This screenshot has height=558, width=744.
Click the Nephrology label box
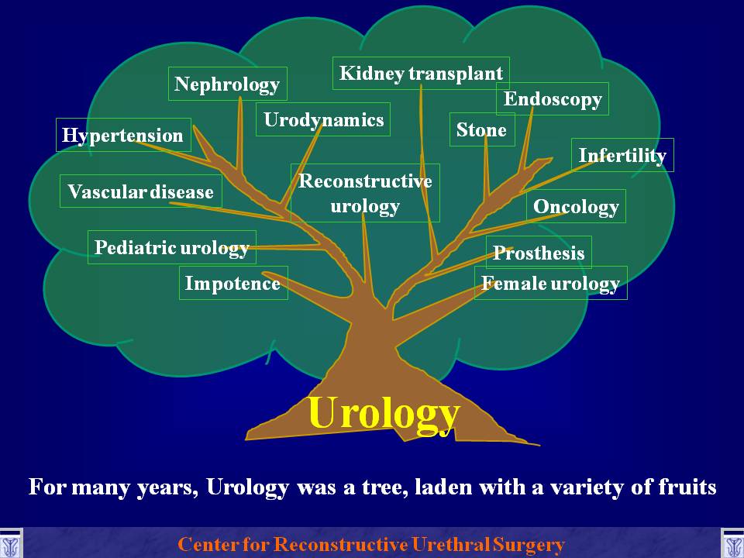click(228, 84)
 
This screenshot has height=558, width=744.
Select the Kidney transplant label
click(421, 74)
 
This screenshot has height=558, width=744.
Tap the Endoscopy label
click(553, 98)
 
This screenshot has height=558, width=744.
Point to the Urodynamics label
click(323, 119)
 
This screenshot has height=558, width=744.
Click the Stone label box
click(482, 129)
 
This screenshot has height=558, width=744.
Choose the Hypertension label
click(123, 135)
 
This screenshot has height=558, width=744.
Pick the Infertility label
click(622, 155)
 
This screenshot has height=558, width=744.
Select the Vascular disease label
click(141, 191)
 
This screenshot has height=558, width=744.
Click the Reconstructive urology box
click(365, 193)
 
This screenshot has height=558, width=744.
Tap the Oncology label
click(576, 206)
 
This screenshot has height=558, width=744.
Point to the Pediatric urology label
click(172, 247)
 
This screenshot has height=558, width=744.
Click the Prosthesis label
click(539, 253)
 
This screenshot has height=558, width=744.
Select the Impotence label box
click(233, 283)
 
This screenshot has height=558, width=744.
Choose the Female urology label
click(551, 283)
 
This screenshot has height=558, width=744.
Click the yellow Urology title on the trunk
click(384, 412)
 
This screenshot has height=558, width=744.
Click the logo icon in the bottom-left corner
click(11, 543)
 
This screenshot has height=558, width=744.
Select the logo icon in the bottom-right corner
click(732, 543)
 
